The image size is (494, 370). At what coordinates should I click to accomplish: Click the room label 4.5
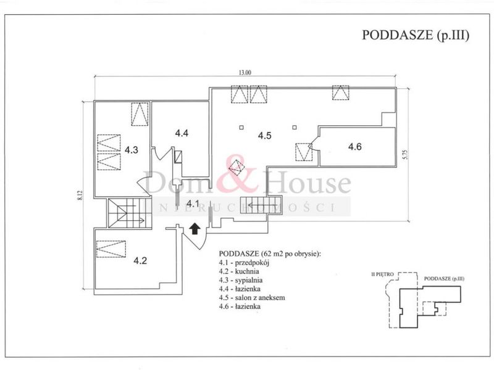click(265, 136)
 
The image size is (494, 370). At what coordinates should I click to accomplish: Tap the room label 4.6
click(354, 147)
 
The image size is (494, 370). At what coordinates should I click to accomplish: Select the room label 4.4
click(182, 133)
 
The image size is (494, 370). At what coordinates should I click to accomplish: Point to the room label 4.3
click(132, 150)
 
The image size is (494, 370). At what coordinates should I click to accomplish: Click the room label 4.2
click(140, 260)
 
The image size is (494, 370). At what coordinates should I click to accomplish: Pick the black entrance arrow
click(195, 229)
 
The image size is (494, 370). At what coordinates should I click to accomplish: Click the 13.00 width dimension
click(245, 73)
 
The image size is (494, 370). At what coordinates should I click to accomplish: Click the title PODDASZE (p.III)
click(416, 35)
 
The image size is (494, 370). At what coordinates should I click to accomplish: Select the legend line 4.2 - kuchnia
click(239, 271)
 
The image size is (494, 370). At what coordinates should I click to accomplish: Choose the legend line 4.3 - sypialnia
click(241, 280)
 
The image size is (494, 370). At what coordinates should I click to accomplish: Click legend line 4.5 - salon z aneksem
click(252, 297)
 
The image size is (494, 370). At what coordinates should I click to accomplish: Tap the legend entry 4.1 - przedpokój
click(244, 263)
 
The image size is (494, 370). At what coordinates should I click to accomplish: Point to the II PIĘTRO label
click(382, 274)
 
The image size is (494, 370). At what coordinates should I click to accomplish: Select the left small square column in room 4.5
click(241, 128)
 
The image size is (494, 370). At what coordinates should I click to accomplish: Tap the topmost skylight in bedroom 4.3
click(140, 114)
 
